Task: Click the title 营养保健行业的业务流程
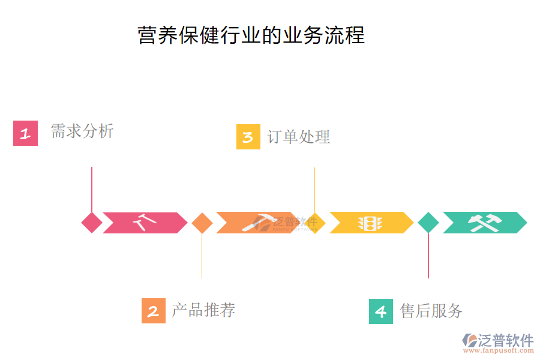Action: (x=251, y=35)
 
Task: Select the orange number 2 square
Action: (x=154, y=311)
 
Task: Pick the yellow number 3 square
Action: (x=248, y=137)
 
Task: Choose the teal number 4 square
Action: (x=381, y=311)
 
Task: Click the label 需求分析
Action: (x=82, y=131)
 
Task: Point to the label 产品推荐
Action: (x=203, y=310)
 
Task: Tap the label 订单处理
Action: (x=298, y=137)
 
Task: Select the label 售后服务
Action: (x=431, y=310)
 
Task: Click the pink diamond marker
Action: (x=92, y=223)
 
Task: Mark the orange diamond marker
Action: (x=202, y=223)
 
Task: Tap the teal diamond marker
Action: (x=428, y=223)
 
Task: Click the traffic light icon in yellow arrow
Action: (x=370, y=223)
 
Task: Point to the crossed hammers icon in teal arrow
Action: (x=485, y=223)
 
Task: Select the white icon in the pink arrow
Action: (x=145, y=223)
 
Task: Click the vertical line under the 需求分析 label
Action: (x=92, y=189)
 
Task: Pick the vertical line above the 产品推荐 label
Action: (x=202, y=255)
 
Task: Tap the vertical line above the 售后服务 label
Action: (x=428, y=255)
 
